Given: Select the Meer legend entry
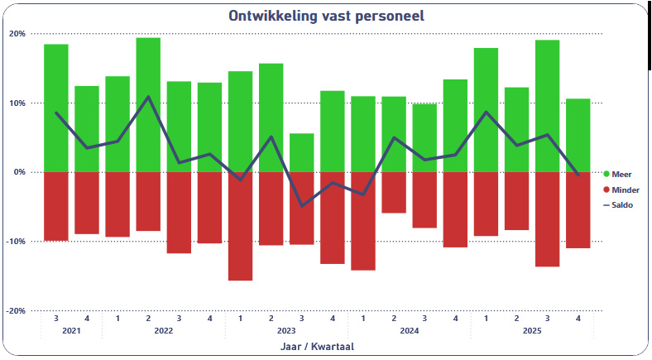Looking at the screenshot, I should (621, 174).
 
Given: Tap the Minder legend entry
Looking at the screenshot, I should (625, 190).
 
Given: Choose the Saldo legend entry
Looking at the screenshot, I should (622, 204).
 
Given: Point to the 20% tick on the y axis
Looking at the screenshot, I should (17, 34).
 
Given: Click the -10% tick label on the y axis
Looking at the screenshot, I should (17, 242).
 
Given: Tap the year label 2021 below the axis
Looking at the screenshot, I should (71, 331).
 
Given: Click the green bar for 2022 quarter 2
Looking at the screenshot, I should (148, 105).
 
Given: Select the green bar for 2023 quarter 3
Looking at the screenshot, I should (301, 153).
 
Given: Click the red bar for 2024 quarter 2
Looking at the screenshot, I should (394, 192).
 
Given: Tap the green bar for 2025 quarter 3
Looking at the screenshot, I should (547, 106).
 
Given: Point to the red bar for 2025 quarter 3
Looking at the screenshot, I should (547, 219).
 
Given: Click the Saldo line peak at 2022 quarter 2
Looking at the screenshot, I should (148, 97).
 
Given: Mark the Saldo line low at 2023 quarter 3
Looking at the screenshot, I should (301, 205).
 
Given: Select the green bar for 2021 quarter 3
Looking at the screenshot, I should (55, 108).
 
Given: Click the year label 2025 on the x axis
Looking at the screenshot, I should (532, 331).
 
